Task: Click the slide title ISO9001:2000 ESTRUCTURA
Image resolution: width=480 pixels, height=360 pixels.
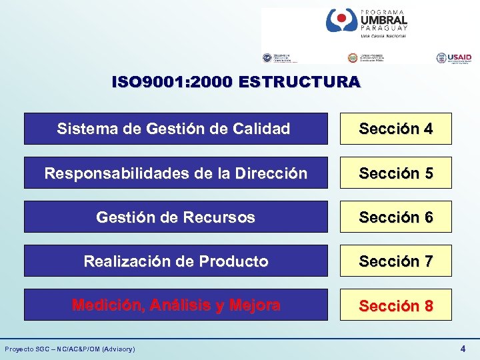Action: click(x=237, y=82)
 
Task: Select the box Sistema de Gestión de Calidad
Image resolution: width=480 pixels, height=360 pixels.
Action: click(x=175, y=129)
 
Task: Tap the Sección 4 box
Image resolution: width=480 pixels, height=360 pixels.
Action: click(x=395, y=129)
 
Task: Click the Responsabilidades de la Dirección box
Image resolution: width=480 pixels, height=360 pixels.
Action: click(x=175, y=173)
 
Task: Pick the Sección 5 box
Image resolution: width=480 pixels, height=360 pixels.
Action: click(x=395, y=173)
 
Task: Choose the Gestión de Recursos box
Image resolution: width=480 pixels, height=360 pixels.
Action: click(x=175, y=217)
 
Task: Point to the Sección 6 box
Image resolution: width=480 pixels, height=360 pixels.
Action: click(x=395, y=217)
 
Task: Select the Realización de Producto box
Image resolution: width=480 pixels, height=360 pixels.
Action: click(x=175, y=261)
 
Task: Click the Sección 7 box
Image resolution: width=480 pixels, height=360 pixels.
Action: click(x=395, y=261)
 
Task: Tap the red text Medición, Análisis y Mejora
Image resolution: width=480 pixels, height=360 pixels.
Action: click(x=176, y=305)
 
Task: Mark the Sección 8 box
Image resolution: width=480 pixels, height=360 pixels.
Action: click(x=395, y=305)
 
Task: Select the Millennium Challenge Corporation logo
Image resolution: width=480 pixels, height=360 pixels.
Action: click(x=277, y=59)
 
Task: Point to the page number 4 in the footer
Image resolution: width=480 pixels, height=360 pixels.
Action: click(x=463, y=348)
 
